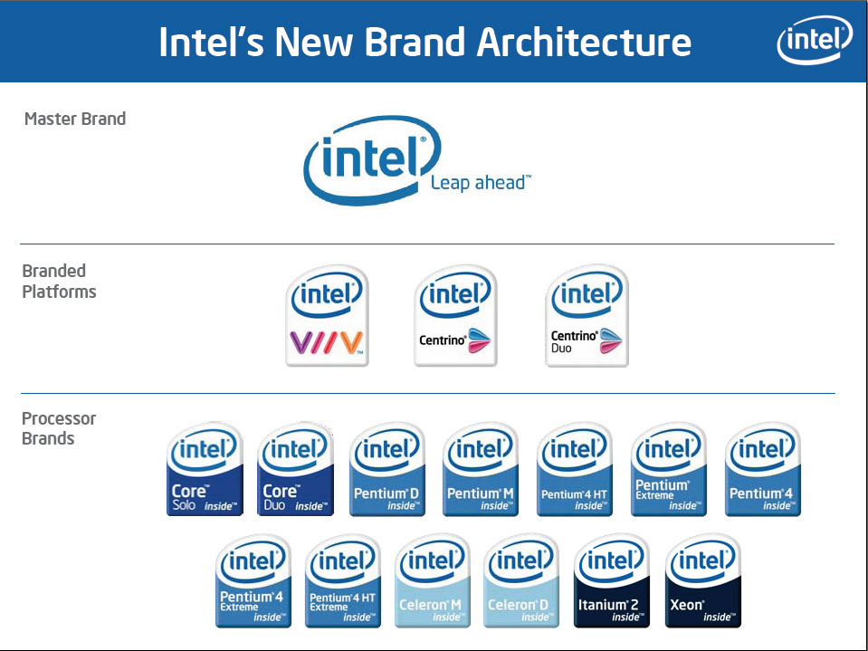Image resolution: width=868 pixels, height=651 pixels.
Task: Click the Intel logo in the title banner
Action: (815, 40)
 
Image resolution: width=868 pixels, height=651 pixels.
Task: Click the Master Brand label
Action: (75, 119)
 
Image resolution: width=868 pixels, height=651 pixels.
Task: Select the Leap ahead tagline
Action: (481, 183)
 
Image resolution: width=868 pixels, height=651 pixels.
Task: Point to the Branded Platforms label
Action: (59, 282)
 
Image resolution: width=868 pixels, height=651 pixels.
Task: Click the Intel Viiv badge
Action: (327, 315)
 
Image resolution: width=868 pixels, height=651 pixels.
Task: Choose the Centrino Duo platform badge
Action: (587, 315)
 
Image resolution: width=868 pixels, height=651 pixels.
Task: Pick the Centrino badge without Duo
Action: (455, 315)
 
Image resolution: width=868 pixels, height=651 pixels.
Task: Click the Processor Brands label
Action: (59, 428)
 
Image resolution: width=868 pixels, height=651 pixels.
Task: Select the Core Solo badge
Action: (205, 469)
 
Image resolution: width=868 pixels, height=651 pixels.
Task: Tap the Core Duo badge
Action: (296, 469)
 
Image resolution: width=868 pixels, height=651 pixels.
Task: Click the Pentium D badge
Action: (387, 469)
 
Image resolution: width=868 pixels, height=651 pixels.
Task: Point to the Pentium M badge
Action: (481, 469)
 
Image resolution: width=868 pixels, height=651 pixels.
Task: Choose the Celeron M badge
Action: (433, 581)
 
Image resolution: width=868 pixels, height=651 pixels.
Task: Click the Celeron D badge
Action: (521, 581)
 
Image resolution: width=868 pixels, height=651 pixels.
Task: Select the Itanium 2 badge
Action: (612, 581)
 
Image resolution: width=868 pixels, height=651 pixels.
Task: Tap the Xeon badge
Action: (703, 581)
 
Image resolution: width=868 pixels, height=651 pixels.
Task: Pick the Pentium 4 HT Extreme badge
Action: (343, 581)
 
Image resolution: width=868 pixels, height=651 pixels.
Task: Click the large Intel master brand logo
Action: (372, 160)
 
